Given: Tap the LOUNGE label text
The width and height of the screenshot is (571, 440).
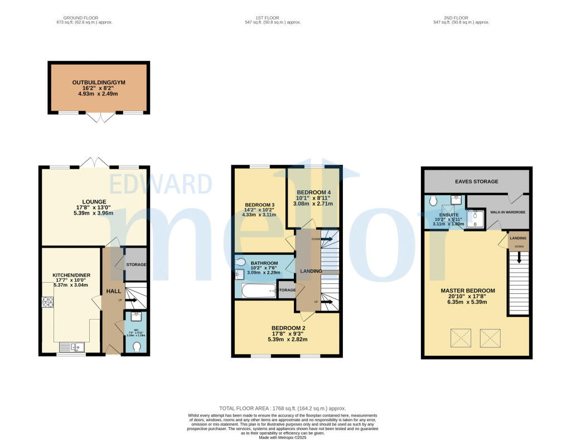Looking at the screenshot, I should click(94, 201).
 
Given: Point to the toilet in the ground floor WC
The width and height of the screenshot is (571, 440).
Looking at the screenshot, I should click(137, 347).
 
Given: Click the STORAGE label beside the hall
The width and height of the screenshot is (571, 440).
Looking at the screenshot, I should click(136, 265).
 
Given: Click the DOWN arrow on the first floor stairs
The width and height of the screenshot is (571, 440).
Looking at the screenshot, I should click(325, 239).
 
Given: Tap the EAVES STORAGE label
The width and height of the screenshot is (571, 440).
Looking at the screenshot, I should click(476, 181).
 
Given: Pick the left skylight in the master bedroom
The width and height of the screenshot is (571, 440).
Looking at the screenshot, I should click(461, 337).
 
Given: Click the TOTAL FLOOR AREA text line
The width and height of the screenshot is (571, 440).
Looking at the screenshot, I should click(285, 409).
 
